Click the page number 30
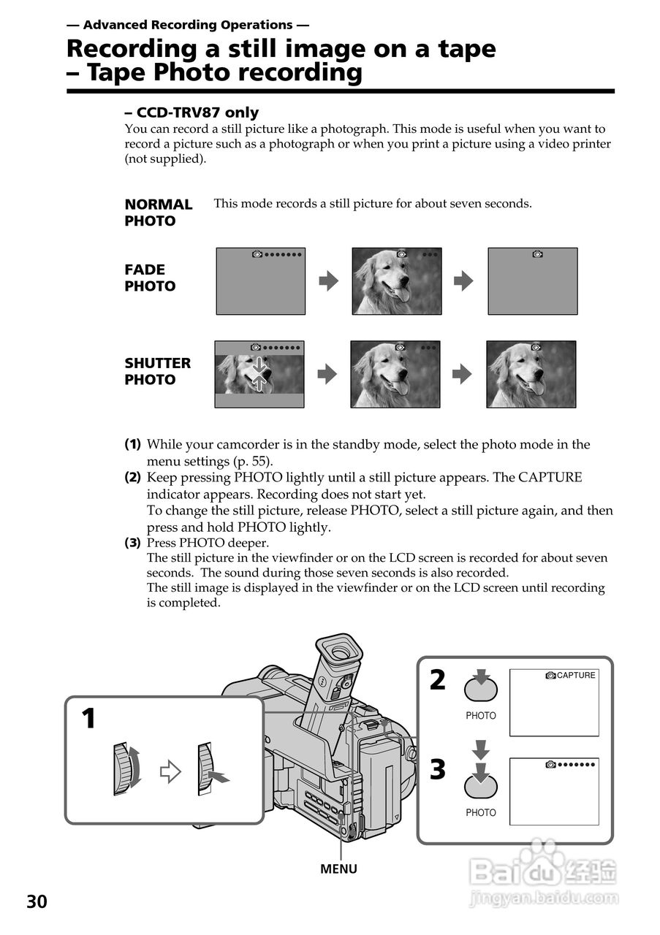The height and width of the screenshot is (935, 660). coord(37,901)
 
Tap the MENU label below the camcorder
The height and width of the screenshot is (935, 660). coord(338,869)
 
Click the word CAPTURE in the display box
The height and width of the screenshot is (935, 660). coord(576,676)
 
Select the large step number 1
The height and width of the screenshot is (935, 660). coord(88,720)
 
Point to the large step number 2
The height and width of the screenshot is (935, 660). coord(437,680)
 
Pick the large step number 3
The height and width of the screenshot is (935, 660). coord(437,770)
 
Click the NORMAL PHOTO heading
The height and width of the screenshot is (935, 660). coord(158,213)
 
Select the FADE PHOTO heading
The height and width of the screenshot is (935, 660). coord(150,278)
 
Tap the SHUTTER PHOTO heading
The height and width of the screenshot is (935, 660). coord(157,371)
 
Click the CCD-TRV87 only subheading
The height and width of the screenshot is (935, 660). coord(191,112)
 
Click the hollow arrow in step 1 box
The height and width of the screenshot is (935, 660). coord(170,772)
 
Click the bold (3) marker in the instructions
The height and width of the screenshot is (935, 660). coord(132,543)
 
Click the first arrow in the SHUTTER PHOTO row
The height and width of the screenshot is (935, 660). coord(327,374)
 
